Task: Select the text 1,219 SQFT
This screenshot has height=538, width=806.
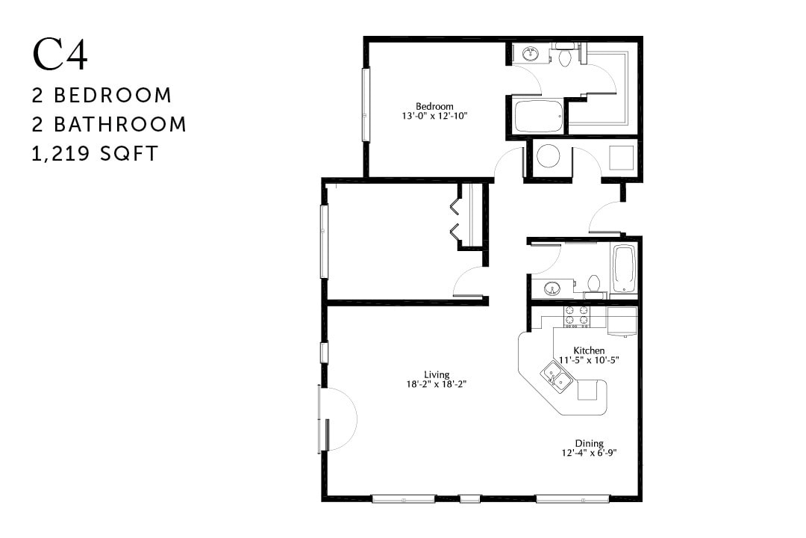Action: tap(95, 153)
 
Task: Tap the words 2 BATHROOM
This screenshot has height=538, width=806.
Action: tap(109, 124)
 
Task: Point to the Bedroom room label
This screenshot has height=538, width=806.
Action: tap(434, 106)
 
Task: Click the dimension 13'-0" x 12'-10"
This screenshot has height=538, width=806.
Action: tap(434, 116)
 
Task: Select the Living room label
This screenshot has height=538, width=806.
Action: tap(436, 375)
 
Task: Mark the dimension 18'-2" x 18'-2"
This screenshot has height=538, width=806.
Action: tap(436, 385)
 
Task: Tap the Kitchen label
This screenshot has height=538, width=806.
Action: tap(589, 350)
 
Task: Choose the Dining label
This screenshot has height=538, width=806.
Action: tap(589, 443)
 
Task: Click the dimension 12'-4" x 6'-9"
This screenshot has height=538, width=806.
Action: tap(589, 453)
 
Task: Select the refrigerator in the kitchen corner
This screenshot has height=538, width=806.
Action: tap(622, 321)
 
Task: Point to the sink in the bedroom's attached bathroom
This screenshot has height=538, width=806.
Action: tap(531, 54)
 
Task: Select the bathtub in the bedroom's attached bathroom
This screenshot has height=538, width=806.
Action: tap(539, 117)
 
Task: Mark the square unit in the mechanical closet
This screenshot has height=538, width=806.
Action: tap(621, 158)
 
